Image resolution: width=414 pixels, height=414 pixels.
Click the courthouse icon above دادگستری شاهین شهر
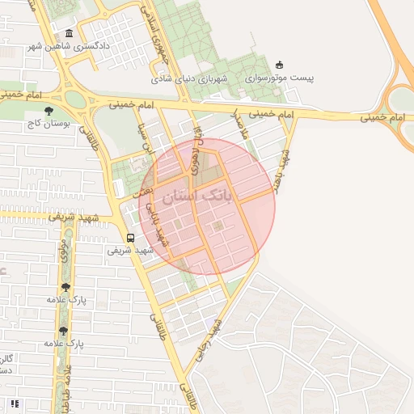point(69,34)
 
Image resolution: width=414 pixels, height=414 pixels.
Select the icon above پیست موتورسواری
point(280,65)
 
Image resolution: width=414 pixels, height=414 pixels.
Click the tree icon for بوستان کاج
point(49,111)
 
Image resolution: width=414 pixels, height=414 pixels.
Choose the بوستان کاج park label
point(49,125)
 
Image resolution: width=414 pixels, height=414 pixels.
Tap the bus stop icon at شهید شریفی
point(130,238)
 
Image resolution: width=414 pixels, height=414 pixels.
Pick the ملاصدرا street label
point(239,124)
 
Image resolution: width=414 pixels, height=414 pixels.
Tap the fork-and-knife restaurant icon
point(14,402)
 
